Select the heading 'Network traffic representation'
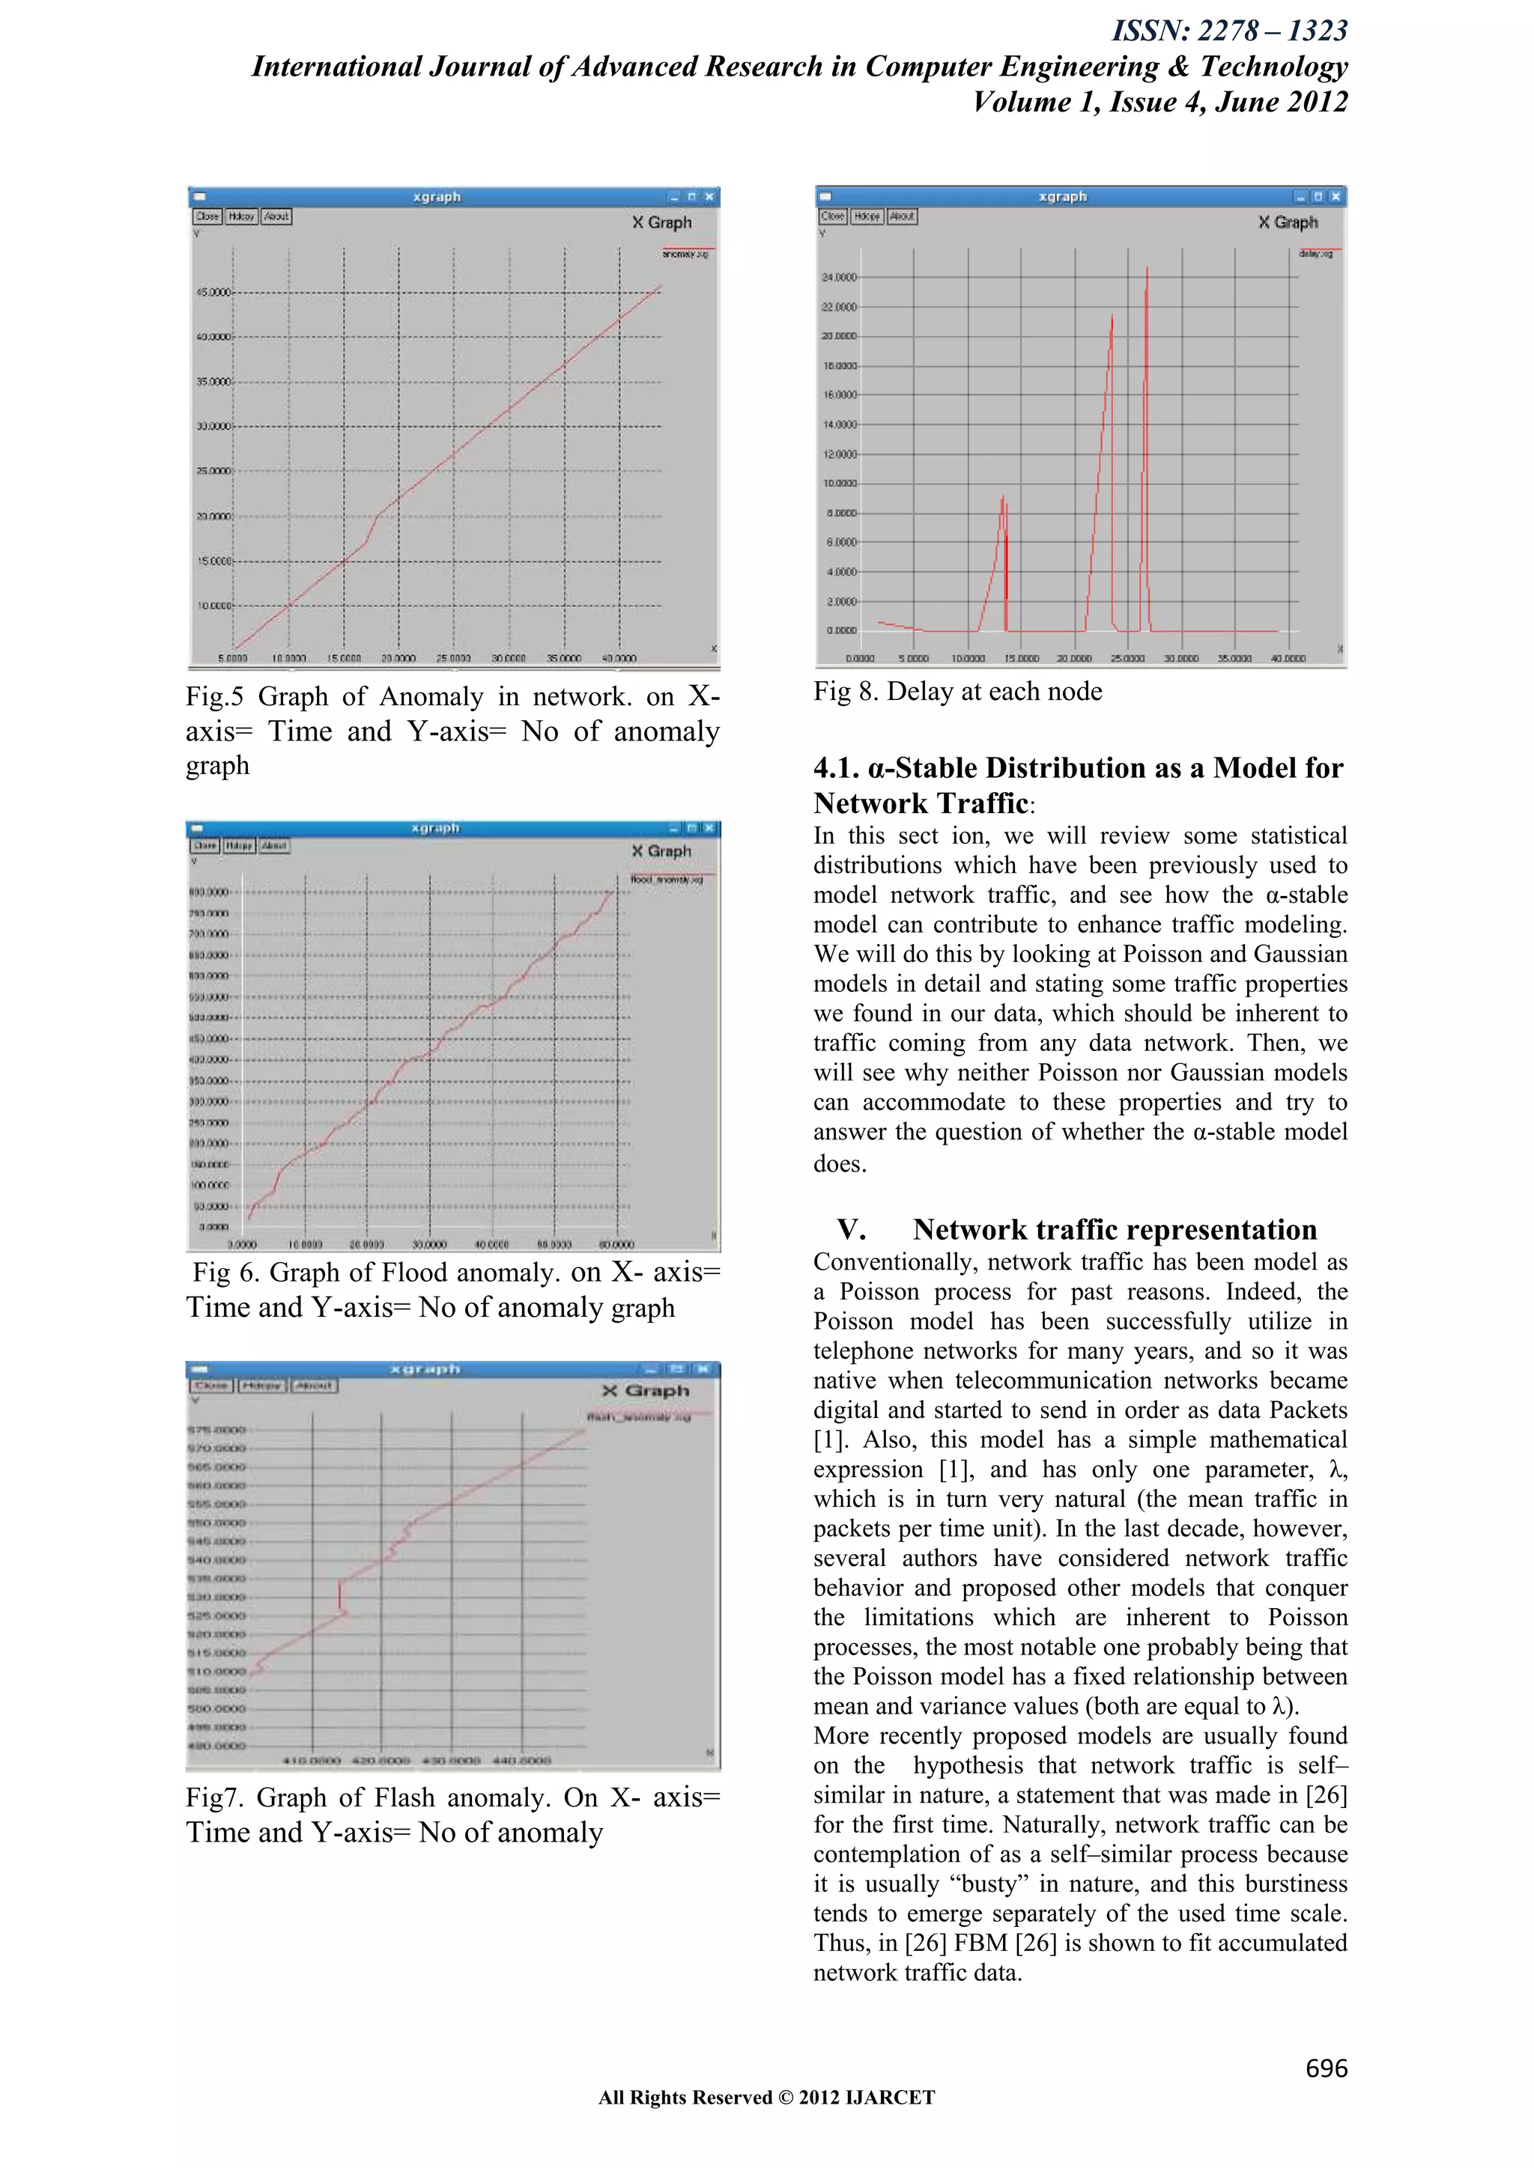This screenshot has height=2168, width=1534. pos(1114,1229)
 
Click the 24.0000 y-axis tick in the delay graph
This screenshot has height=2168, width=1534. pos(838,278)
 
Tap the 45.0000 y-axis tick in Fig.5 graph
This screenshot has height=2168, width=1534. pos(213,293)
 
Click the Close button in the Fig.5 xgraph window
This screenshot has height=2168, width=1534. pos(207,216)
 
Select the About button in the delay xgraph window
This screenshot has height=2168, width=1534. pos(902,216)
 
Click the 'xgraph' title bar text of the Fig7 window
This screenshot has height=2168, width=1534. pos(425,1369)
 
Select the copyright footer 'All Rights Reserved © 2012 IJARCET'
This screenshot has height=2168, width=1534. pos(766,2097)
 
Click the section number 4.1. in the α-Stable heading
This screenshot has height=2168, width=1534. pos(837,767)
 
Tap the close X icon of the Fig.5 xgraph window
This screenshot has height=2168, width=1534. pos(709,196)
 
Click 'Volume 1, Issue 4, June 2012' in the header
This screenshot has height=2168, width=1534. pos(1160,102)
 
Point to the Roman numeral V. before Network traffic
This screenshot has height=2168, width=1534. pos(851,1229)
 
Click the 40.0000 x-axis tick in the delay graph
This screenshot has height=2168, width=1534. pos(1288,658)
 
